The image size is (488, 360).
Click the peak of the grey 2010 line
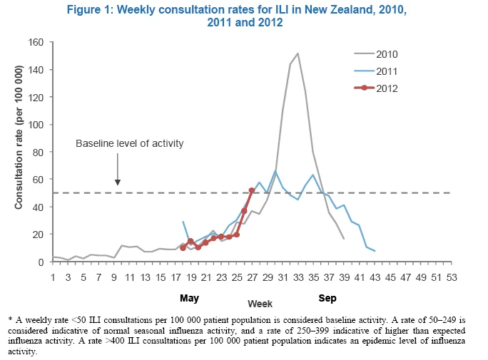click(298, 53)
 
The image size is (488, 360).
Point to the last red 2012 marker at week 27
click(252, 190)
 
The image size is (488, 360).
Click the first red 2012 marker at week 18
click(183, 248)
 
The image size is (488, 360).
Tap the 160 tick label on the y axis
click(36, 42)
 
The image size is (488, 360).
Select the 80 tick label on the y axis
click(39, 152)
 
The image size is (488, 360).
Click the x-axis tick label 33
click(298, 277)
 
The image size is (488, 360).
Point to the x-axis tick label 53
click(452, 277)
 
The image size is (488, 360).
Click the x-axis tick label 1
click(53, 277)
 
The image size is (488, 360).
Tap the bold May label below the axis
click(189, 299)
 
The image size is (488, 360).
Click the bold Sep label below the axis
click(327, 298)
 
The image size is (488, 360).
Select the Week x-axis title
click(260, 304)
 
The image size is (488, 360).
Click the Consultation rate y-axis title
click(19, 137)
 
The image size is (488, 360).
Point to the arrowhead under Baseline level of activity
click(118, 182)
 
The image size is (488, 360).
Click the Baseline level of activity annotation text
click(129, 143)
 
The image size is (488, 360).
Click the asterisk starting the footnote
click(10, 319)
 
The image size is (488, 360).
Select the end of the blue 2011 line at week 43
click(375, 250)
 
